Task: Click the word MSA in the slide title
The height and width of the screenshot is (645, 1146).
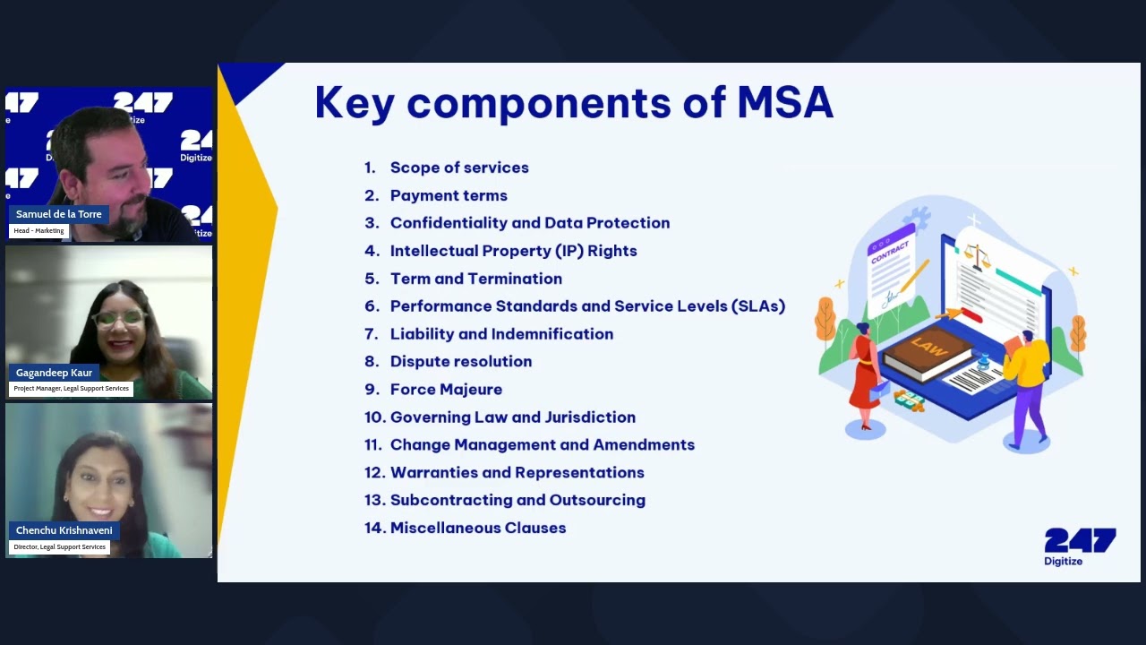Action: click(x=784, y=102)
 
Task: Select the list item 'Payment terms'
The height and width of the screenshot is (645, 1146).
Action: click(x=449, y=195)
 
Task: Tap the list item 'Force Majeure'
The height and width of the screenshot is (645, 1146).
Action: click(x=446, y=390)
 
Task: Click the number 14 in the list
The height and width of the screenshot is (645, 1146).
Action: click(x=373, y=529)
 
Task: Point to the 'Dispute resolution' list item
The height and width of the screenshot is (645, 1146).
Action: click(x=461, y=362)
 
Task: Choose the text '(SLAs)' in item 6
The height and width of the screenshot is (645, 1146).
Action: click(x=757, y=306)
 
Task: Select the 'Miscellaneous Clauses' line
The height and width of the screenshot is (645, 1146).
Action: click(x=478, y=529)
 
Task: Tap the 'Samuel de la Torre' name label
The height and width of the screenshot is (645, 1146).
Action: click(x=59, y=215)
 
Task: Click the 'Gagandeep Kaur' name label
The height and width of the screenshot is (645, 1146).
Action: click(x=54, y=373)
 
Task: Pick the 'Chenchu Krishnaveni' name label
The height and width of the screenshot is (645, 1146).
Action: click(x=64, y=530)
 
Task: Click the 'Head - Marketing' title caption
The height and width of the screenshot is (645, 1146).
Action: click(x=38, y=231)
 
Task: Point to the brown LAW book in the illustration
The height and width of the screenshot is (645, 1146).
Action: click(x=927, y=351)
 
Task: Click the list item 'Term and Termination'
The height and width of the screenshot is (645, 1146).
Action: click(x=476, y=279)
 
